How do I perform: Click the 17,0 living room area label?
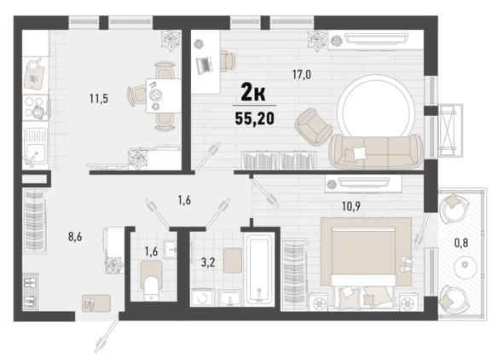pyautogui.click(x=302, y=75)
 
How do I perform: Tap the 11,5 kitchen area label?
pyautogui.click(x=99, y=99)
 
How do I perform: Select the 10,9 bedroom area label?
pyautogui.click(x=351, y=206)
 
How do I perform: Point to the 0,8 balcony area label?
pyautogui.click(x=461, y=243)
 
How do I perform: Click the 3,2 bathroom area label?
pyautogui.click(x=208, y=262)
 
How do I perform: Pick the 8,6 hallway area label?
pyautogui.click(x=75, y=237)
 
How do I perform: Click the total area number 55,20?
pyautogui.click(x=255, y=118)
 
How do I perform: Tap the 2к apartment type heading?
pyautogui.click(x=253, y=93)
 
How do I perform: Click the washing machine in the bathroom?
pyautogui.click(x=202, y=297)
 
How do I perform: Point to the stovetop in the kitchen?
pyautogui.click(x=36, y=107)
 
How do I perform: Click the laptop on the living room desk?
pyautogui.click(x=205, y=65)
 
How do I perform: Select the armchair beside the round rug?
pyautogui.click(x=314, y=126)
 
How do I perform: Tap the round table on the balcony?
pyautogui.click(x=465, y=265)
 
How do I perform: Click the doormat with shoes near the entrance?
pyautogui.click(x=96, y=302)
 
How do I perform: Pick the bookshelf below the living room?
pyautogui.click(x=279, y=160)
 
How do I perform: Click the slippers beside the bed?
pyautogui.click(x=405, y=263)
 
